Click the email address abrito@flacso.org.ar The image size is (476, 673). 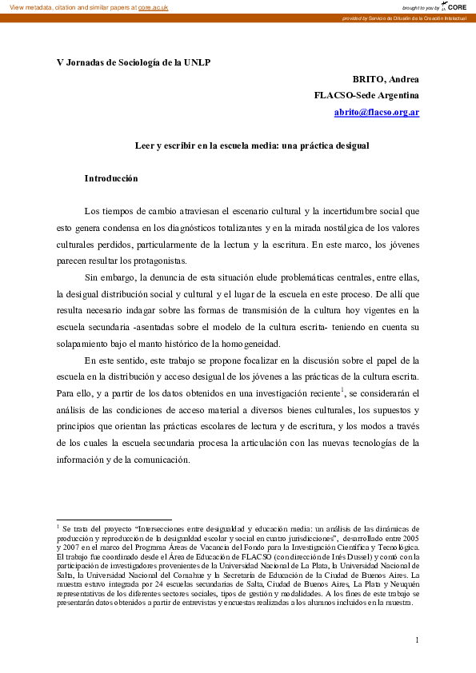[377, 113]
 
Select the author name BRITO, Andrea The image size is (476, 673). [386, 79]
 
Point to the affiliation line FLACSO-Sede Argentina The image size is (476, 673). [366, 96]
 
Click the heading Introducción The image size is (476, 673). [111, 179]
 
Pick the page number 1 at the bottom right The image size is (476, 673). [417, 639]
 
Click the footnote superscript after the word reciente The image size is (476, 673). [342, 389]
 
